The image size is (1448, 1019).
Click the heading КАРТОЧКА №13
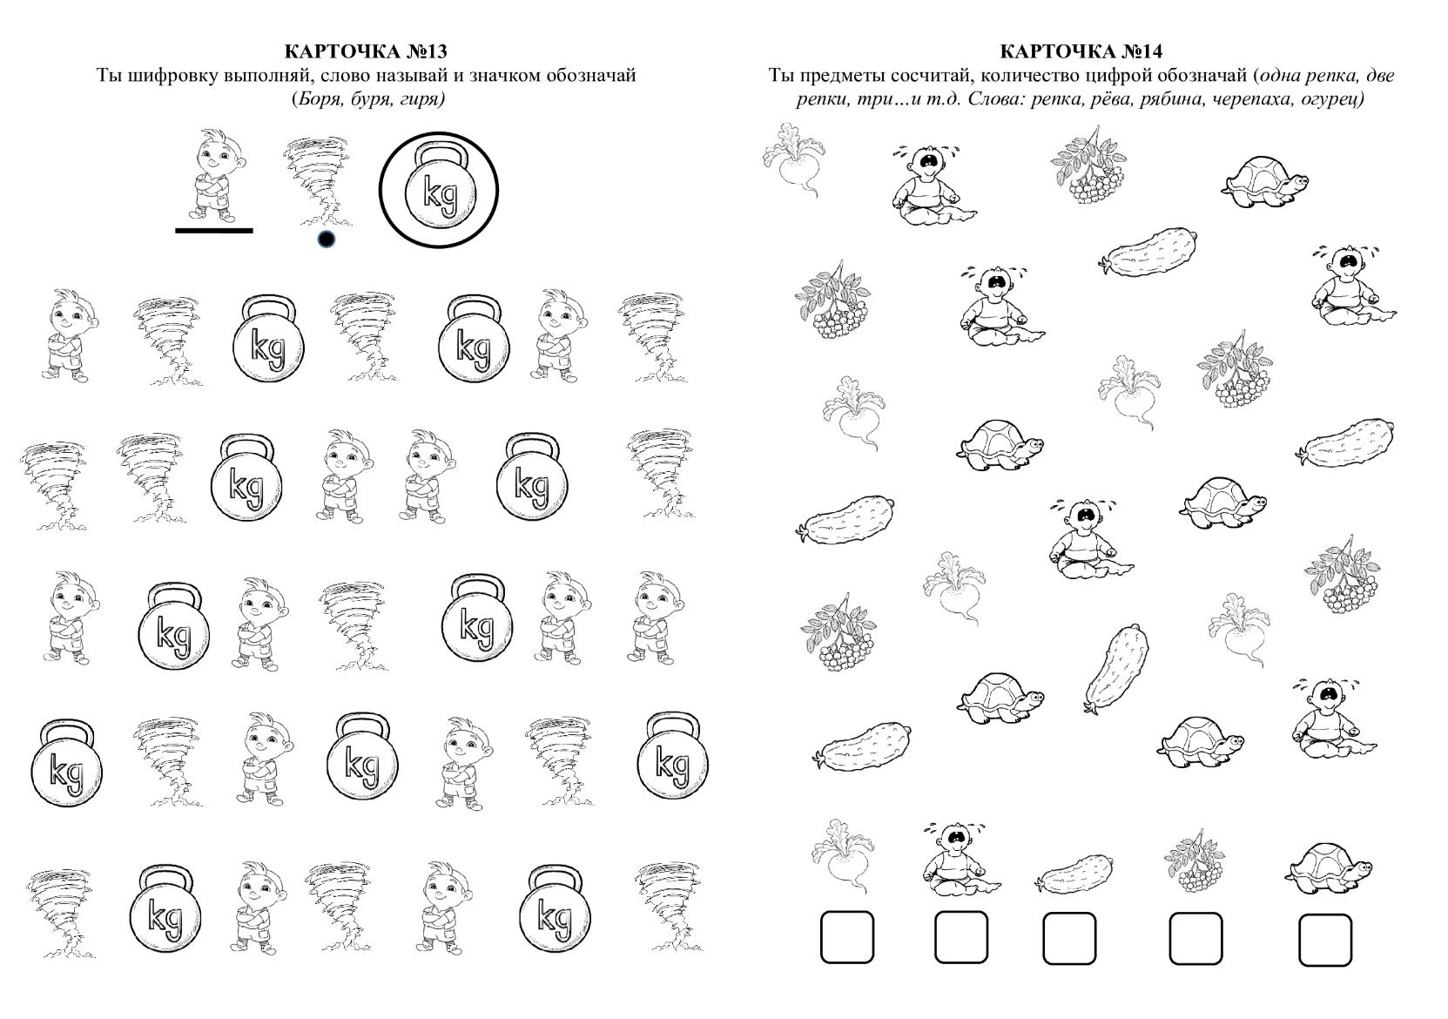coord(366,51)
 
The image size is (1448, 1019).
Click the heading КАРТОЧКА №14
coord(1081,51)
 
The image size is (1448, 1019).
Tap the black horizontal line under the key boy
coord(214,230)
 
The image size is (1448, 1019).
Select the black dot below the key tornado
coord(327,240)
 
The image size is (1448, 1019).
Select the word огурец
coord(1336,100)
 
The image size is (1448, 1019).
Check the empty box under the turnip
coord(847,937)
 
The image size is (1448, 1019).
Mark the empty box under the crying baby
coord(960,937)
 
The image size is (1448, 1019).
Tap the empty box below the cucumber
coord(1069,938)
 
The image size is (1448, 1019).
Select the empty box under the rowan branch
coord(1195,938)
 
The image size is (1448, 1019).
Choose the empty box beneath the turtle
coord(1325,940)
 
